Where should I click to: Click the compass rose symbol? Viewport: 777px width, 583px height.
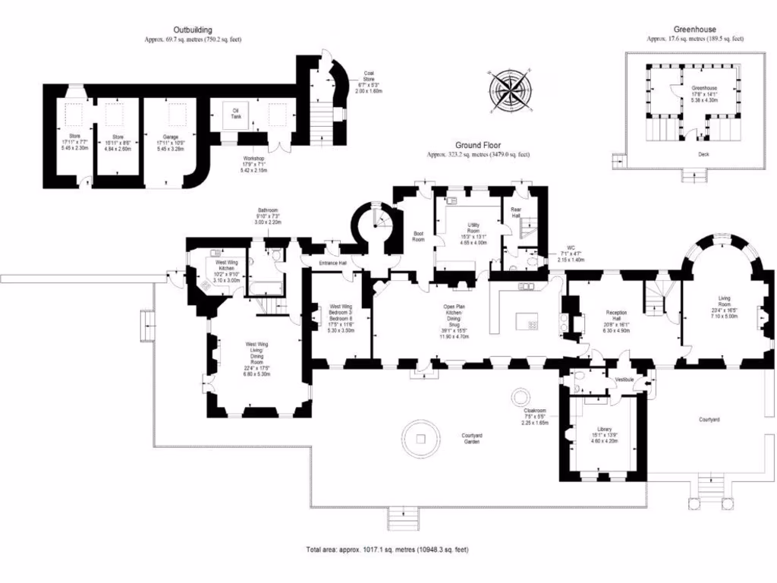[x=510, y=90]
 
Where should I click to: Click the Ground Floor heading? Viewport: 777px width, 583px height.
[x=477, y=145]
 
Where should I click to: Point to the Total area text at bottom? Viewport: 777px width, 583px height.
[x=392, y=549]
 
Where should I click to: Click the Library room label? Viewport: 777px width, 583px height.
[x=604, y=429]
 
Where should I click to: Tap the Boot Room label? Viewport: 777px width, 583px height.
[x=417, y=236]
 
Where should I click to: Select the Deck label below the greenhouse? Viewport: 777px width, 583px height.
[x=694, y=153]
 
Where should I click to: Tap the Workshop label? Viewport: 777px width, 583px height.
[x=254, y=161]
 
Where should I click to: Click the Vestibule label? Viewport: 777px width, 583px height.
[x=624, y=379]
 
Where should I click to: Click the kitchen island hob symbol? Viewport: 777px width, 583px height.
[x=533, y=324]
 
